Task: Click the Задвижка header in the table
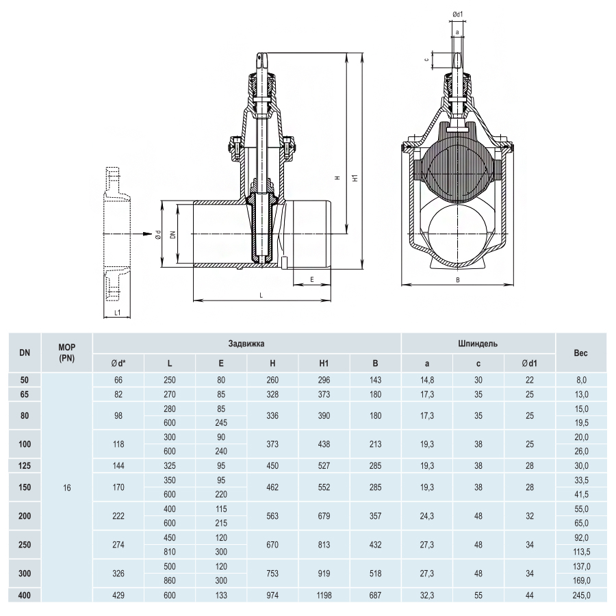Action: [246, 344]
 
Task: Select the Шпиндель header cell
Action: [478, 344]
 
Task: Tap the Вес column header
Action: [580, 352]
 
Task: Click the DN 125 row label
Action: [25, 465]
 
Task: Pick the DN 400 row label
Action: [25, 595]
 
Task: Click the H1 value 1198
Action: [324, 595]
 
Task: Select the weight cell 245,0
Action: [581, 595]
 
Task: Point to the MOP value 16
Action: [67, 487]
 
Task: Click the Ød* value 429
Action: [118, 595]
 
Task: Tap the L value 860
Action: [170, 580]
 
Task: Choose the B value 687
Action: [375, 595]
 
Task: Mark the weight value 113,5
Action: [581, 552]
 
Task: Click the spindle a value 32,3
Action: [426, 595]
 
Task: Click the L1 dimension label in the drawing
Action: [117, 313]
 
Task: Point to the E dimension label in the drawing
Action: [312, 280]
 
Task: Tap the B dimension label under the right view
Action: [458, 280]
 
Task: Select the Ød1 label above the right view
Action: [458, 14]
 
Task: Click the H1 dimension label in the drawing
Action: [355, 178]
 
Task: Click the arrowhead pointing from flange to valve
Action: [147, 234]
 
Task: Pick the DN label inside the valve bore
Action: [173, 235]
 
